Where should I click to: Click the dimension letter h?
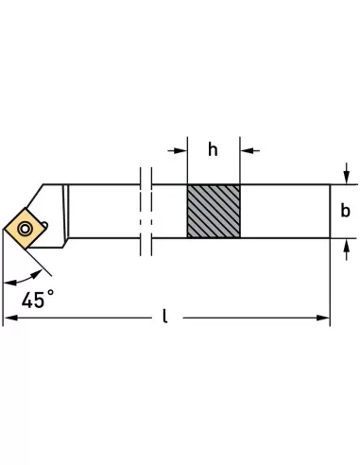pyautogui.click(x=213, y=149)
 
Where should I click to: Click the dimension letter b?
pyautogui.click(x=345, y=211)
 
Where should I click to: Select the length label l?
pyautogui.click(x=164, y=316)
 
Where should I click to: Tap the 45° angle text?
pyautogui.click(x=38, y=300)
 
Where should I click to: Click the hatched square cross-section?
pyautogui.click(x=214, y=211)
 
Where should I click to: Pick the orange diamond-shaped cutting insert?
pyautogui.click(x=25, y=228)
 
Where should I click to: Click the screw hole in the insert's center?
pyautogui.click(x=25, y=229)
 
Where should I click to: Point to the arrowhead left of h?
pyautogui.click(x=180, y=151)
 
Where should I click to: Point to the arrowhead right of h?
pyautogui.click(x=247, y=151)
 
